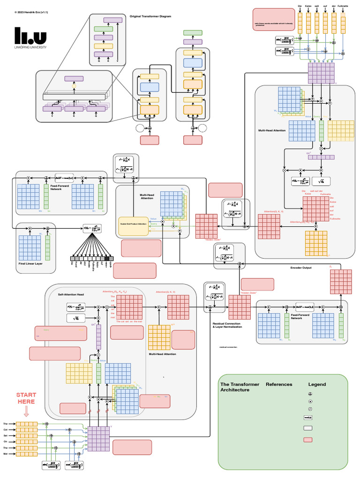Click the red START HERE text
26,398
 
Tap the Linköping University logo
30,37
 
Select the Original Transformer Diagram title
150,16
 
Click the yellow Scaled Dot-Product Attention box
133,226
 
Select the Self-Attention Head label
71,294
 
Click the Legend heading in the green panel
317,384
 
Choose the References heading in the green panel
279,384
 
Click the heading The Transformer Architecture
240,387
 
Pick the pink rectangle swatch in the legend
308,440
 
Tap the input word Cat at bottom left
6,429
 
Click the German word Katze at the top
308,6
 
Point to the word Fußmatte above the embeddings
343,6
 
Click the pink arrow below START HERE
26,411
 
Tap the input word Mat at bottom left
6,454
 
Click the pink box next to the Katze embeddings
274,19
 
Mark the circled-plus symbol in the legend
310,395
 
